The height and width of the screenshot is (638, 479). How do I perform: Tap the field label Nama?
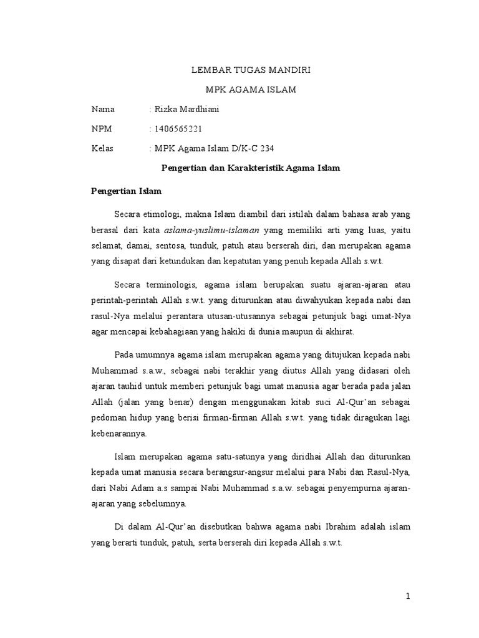[103, 110]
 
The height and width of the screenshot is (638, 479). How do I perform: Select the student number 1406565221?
[178, 129]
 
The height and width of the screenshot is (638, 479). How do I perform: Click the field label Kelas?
[102, 148]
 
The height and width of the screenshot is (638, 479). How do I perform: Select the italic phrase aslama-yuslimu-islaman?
[211, 230]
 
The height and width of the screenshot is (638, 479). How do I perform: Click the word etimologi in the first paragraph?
[167, 214]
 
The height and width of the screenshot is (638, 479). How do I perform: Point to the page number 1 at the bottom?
[409, 596]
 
